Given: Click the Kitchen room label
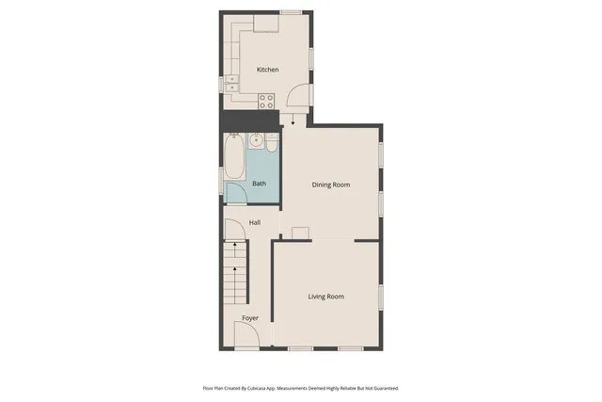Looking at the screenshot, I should (x=268, y=70).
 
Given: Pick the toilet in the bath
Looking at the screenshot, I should (x=271, y=143).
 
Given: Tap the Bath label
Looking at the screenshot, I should (x=259, y=184).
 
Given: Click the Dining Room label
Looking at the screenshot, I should (x=331, y=185).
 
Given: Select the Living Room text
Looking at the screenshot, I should (x=326, y=297).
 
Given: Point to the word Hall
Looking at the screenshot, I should (x=254, y=223).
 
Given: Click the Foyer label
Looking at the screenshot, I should (x=250, y=318).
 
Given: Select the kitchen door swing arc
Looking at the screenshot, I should (x=296, y=95).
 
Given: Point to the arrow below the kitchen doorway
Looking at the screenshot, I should (x=293, y=121).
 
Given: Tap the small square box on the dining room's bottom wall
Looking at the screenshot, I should (x=301, y=233).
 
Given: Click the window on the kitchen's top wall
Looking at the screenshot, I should (x=291, y=12).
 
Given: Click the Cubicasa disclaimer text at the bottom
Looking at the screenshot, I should (x=301, y=387).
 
